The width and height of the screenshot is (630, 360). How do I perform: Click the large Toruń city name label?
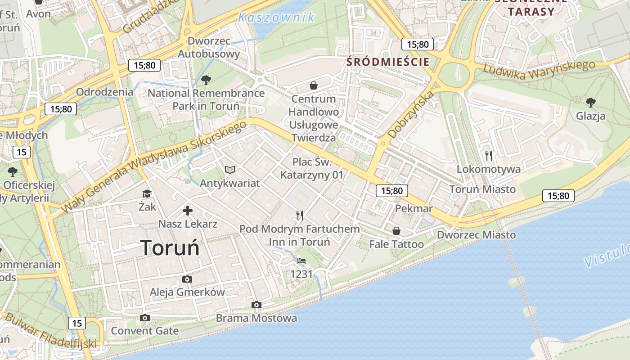(x=170, y=248)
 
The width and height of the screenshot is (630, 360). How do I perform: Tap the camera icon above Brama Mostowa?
(x=256, y=305)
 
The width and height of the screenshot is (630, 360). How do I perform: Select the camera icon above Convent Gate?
(x=144, y=318)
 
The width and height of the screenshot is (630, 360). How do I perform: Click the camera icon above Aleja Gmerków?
(x=187, y=279)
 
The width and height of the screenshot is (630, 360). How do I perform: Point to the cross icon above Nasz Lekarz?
(x=188, y=210)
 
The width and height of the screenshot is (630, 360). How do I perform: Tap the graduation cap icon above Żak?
(x=147, y=193)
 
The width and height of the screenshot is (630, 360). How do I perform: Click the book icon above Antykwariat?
(x=230, y=170)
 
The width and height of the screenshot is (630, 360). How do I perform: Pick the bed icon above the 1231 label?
(x=301, y=261)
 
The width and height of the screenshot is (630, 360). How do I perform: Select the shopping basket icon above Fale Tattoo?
(x=396, y=231)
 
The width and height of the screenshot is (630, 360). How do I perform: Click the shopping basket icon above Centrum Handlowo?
(x=314, y=85)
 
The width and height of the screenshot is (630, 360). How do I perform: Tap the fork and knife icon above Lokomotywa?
(x=489, y=156)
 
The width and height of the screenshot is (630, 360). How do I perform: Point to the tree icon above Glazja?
(x=590, y=103)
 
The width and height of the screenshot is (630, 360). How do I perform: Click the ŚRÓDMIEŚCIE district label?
(x=388, y=62)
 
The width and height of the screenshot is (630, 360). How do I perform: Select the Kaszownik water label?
(x=276, y=18)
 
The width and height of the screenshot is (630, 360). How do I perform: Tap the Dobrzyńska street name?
(x=411, y=114)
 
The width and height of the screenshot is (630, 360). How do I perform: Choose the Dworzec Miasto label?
(x=477, y=235)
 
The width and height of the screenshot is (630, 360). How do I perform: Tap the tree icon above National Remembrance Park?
(x=206, y=80)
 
